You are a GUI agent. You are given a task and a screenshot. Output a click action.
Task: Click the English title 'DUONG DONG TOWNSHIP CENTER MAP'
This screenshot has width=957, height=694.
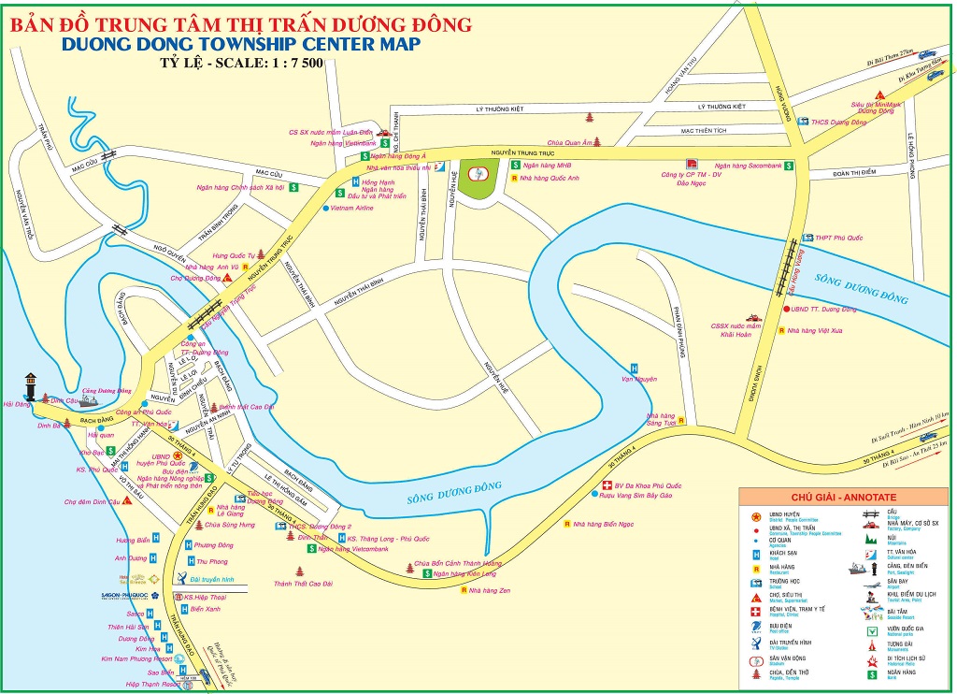[239, 44]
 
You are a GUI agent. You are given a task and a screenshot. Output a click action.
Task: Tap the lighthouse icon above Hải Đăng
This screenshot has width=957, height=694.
[33, 384]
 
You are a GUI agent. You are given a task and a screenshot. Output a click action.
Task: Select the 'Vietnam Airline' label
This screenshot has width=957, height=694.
[352, 208]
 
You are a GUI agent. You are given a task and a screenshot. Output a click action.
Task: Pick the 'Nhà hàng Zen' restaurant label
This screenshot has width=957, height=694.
[491, 591]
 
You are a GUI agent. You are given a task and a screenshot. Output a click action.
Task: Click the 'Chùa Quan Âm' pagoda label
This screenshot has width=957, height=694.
[569, 142]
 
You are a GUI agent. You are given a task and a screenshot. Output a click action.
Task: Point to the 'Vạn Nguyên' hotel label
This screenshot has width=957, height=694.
[639, 379]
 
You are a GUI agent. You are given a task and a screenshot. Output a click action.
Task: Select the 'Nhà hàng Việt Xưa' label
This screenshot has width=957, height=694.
[815, 330]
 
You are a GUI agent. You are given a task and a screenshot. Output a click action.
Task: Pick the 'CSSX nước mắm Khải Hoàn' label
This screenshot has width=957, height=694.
[731, 329]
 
